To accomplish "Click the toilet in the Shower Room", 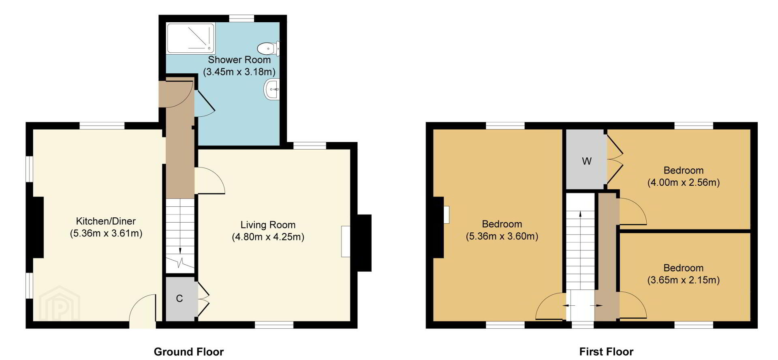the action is pos(268,49).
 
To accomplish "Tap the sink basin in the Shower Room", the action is pos(271,89).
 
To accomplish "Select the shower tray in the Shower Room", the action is pos(191,38).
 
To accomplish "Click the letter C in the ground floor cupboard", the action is pos(180,299).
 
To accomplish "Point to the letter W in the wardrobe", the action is pos(586,161).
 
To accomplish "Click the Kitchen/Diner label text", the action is pos(106,221).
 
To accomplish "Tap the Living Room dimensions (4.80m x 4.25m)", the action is pos(268,237).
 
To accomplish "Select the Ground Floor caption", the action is pos(189,351).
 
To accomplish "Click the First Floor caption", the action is pos(606,351).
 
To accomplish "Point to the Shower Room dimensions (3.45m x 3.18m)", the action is pos(239,72).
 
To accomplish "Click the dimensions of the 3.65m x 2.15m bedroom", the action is pos(683,280).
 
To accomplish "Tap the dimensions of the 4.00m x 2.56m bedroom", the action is pos(683,182).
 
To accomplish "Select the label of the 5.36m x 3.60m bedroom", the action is pos(502,224).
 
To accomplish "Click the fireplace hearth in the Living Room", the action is pos(345,241).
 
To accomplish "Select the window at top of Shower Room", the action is pos(241,19).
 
